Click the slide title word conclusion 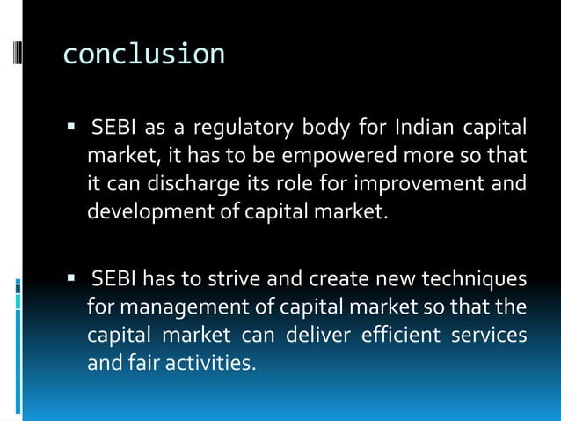coord(143,55)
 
